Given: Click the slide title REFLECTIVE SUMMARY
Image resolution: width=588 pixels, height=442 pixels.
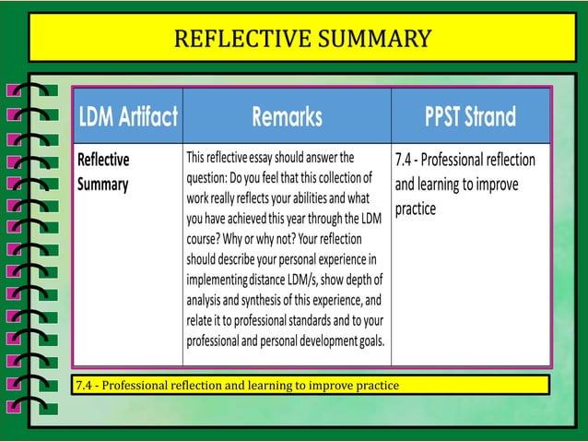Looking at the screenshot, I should (x=302, y=38).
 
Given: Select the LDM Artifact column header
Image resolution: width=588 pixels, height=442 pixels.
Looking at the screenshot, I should (x=128, y=117).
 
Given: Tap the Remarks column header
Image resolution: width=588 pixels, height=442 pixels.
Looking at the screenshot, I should (x=287, y=117).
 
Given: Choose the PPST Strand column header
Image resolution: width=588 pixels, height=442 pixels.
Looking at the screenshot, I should (x=470, y=117).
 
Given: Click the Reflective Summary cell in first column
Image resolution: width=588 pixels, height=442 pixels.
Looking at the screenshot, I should (x=103, y=171).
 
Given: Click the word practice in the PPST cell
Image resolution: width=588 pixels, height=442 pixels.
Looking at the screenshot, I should (x=416, y=209).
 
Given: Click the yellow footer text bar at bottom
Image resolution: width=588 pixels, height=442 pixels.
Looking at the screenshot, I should (x=311, y=384).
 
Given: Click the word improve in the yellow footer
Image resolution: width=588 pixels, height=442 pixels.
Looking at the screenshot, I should (x=343, y=385).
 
